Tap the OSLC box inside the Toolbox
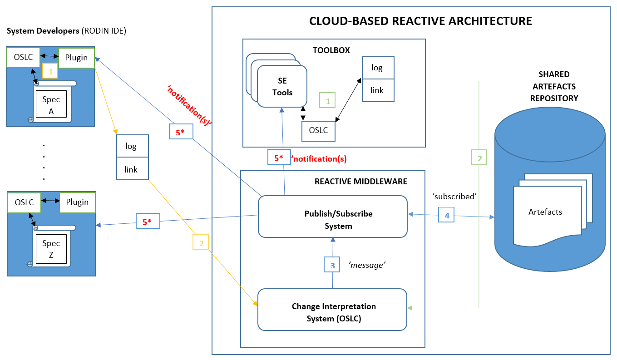[319, 131]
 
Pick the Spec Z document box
[51, 248]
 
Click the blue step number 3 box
[332, 265]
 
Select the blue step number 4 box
[446, 215]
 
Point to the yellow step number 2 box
[201, 242]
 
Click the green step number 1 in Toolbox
[327, 100]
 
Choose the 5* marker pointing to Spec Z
[147, 222]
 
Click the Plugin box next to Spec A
[76, 58]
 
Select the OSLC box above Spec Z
[24, 202]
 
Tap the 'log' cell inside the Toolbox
[378, 68]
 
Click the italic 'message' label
[367, 265]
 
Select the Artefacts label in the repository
[545, 212]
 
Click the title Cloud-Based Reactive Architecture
[420, 21]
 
